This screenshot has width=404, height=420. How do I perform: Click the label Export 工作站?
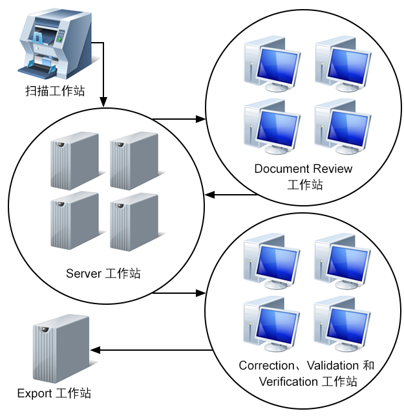point(54,393)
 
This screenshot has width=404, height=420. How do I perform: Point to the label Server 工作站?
point(103,274)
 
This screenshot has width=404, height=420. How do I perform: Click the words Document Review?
point(303,169)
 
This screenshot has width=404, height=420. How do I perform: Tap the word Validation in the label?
point(328,366)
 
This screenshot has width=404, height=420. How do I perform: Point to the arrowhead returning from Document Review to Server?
point(209,194)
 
